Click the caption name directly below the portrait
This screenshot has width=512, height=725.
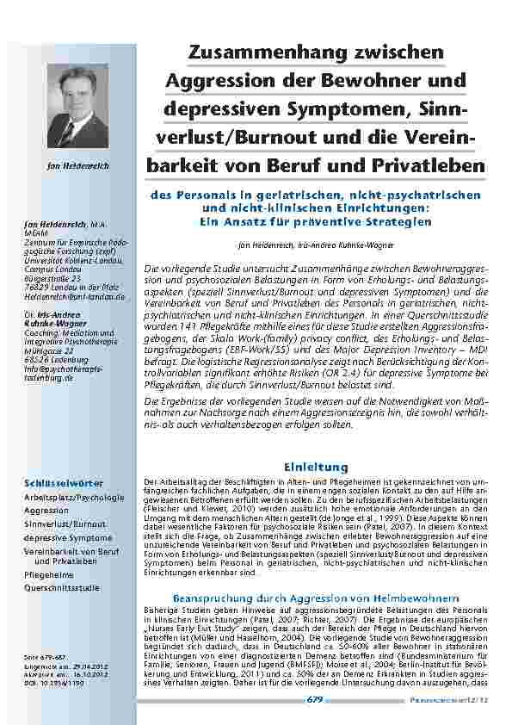click(x=78, y=164)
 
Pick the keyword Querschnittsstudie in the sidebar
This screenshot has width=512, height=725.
click(x=61, y=588)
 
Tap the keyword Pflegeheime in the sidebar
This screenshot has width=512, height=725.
click(x=49, y=573)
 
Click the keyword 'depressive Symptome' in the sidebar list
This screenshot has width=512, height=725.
click(x=68, y=537)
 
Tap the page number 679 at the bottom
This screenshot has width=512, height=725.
click(x=314, y=699)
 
